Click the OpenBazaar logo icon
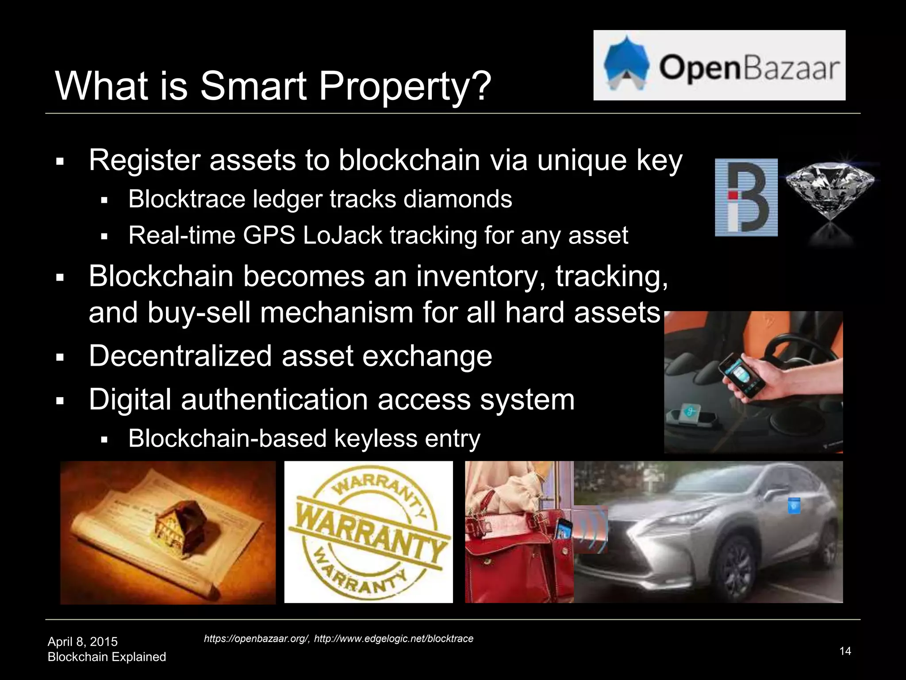(626, 66)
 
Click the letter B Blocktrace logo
(746, 197)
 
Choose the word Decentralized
(180, 355)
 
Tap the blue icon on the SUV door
(794, 506)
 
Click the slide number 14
(845, 651)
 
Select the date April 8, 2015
(83, 641)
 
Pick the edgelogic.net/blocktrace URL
(393, 638)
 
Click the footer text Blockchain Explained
(107, 657)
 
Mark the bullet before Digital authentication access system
(61, 401)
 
